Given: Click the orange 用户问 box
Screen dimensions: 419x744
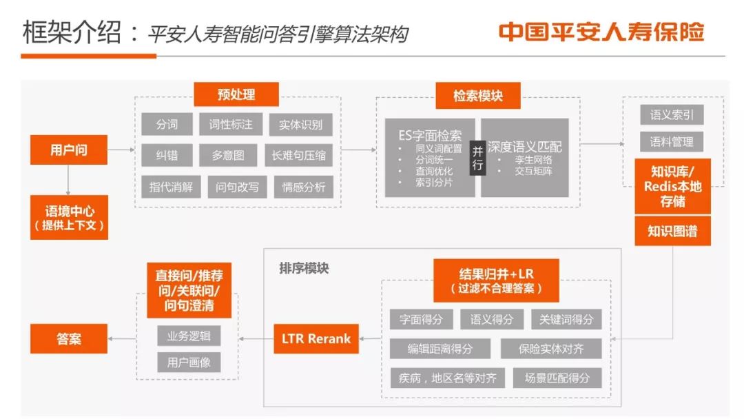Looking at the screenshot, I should [69, 150].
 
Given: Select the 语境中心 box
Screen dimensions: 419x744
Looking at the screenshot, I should [69, 217].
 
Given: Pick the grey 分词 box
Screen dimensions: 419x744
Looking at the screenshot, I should [167, 124].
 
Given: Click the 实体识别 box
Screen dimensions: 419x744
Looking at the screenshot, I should [300, 125].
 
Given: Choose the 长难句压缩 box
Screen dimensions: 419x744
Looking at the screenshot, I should [300, 156].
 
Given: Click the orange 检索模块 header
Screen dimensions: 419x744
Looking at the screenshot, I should [477, 96].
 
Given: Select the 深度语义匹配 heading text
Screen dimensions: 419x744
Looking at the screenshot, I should [525, 147].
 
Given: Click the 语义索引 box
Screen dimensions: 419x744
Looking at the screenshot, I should [672, 114].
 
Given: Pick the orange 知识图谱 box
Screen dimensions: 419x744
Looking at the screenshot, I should [672, 232].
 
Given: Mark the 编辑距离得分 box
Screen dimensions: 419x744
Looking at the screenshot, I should [440, 349].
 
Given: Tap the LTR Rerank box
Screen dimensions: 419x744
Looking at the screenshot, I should [316, 338].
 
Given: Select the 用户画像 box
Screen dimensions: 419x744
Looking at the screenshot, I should [189, 362].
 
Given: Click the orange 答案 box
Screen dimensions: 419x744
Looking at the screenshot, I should [69, 338].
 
